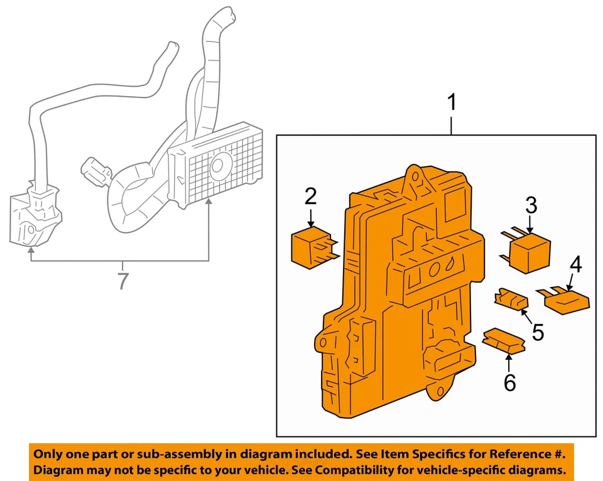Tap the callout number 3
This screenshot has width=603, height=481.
[x=531, y=205]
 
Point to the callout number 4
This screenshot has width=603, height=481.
[x=575, y=265]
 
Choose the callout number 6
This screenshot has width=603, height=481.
[x=509, y=381]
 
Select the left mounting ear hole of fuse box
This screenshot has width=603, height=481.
[x=323, y=343]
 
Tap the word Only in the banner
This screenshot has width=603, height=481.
[x=48, y=454]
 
